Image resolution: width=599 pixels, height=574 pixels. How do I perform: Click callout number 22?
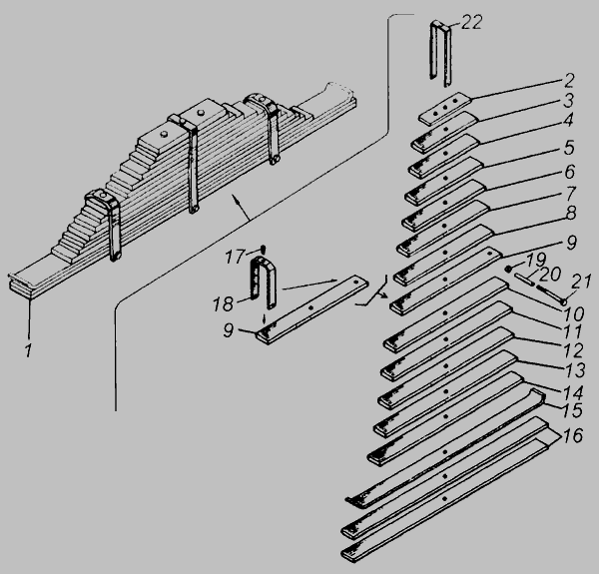coord(471,22)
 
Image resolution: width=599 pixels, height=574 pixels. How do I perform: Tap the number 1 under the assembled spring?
coord(29,350)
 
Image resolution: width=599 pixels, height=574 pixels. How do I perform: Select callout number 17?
coord(234,257)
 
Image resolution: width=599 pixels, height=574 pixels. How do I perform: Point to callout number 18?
coord(223,304)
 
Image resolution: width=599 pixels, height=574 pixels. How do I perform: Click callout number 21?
coord(581,282)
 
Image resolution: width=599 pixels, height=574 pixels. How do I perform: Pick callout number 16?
coord(573,436)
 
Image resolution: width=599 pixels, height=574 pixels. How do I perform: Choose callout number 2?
coord(569,80)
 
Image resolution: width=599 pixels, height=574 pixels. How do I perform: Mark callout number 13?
coord(575,370)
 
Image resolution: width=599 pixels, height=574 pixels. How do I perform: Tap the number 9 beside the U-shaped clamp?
coord(228,330)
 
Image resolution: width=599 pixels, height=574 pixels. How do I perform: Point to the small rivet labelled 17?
coord(263,249)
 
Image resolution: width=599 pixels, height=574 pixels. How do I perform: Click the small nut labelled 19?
coord(508,269)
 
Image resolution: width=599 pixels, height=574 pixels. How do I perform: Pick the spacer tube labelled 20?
coord(524,279)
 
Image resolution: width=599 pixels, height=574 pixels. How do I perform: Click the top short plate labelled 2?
coord(444,109)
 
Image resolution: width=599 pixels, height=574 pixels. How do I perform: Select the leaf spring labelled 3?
coord(444,132)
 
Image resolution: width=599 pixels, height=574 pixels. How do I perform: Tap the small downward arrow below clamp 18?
coord(263,318)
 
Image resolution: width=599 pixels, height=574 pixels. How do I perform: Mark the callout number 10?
coord(573,313)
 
